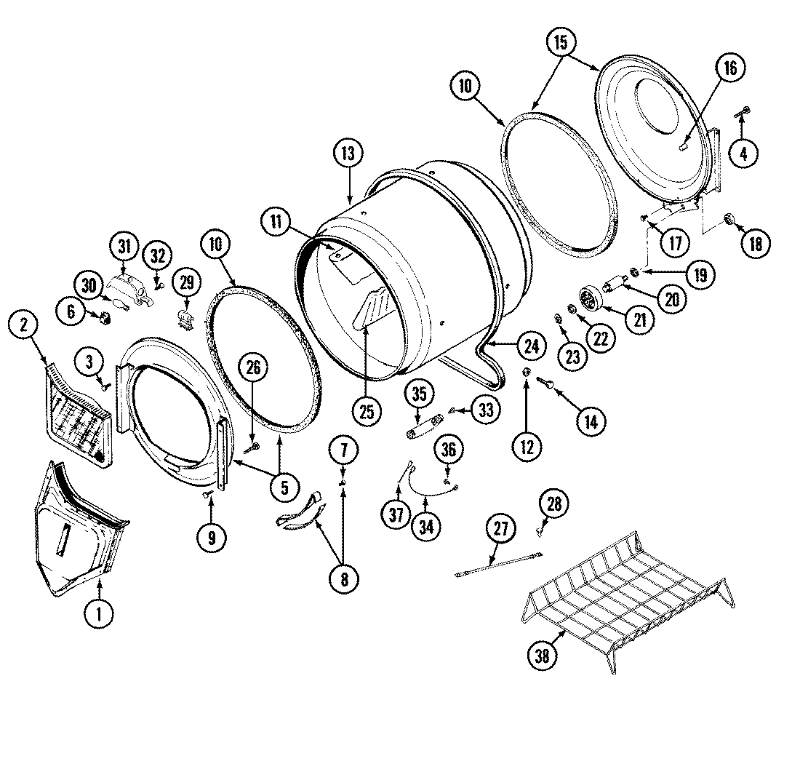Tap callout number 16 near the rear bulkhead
pyautogui.click(x=729, y=68)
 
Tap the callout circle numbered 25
pyautogui.click(x=367, y=411)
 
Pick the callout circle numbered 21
pyautogui.click(x=639, y=321)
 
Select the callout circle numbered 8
pyautogui.click(x=343, y=579)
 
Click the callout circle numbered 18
pyautogui.click(x=755, y=244)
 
